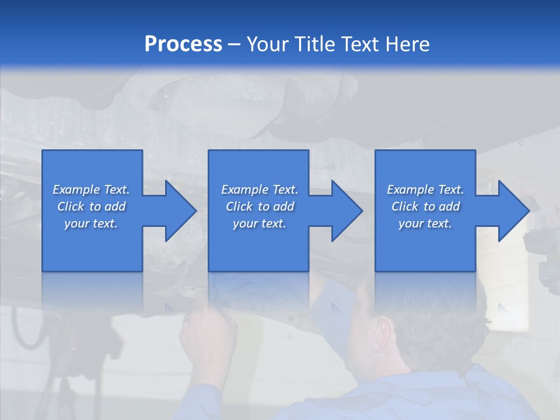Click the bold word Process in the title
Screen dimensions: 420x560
(183, 44)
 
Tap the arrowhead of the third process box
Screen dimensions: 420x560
(513, 211)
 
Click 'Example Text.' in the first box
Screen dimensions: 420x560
(91, 190)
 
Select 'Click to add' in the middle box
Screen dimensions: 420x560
(260, 206)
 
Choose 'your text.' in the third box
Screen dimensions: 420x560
(425, 223)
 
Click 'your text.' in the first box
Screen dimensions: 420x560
(91, 223)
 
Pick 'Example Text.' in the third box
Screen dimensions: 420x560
(425, 190)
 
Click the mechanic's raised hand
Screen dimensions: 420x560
(207, 338)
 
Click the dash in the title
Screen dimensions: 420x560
(235, 44)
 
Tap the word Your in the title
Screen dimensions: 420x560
(269, 44)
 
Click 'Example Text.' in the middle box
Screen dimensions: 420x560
(260, 190)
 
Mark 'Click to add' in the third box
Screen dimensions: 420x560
(425, 206)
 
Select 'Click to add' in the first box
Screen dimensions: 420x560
(91, 206)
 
